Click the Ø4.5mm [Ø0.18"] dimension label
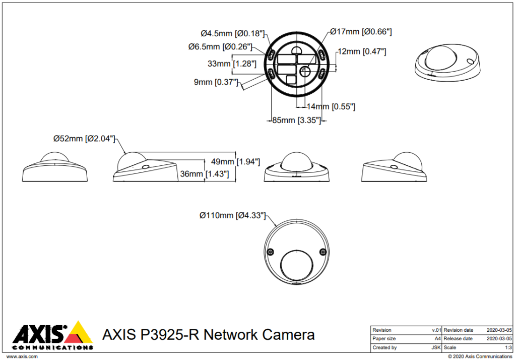click(x=232, y=34)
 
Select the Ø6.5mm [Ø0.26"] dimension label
click(x=220, y=47)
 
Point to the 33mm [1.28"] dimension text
click(x=232, y=64)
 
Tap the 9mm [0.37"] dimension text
click(x=216, y=82)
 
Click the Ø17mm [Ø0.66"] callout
click(x=361, y=32)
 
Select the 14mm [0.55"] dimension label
click(x=331, y=106)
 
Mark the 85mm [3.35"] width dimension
click(x=296, y=121)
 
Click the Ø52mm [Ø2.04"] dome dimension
click(x=85, y=139)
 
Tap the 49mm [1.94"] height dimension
click(x=235, y=162)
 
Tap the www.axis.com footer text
click(x=21, y=356)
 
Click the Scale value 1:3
click(x=508, y=347)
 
